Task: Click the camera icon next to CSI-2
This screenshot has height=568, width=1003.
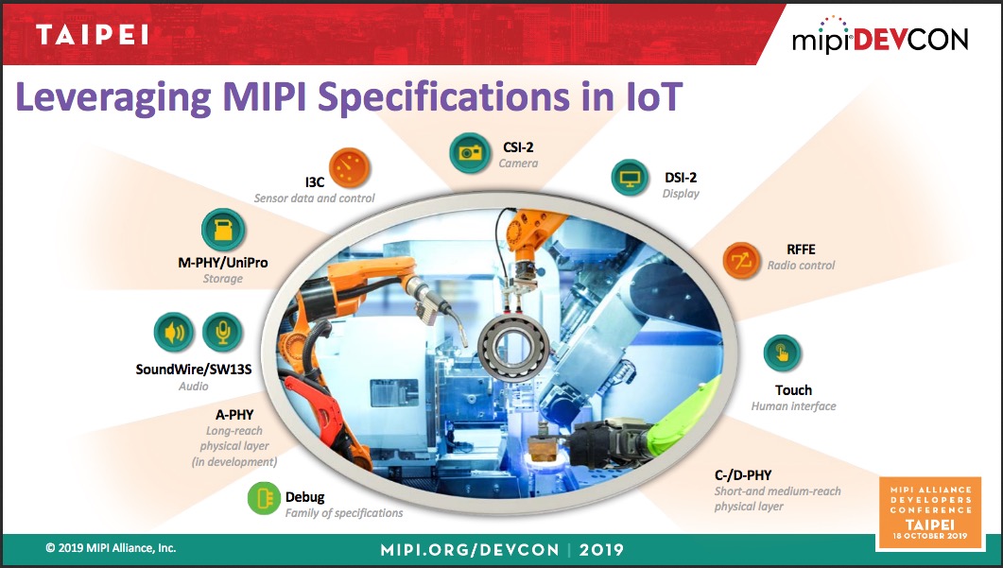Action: click(x=470, y=153)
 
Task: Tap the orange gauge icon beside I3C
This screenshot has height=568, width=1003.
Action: click(x=350, y=168)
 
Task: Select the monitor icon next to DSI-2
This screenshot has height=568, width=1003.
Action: click(x=631, y=177)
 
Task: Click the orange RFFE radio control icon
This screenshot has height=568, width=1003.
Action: click(x=741, y=261)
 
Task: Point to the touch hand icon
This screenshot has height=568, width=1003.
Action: click(x=782, y=353)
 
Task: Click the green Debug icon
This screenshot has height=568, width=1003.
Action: click(x=264, y=498)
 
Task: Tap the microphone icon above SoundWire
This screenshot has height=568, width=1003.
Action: click(x=222, y=333)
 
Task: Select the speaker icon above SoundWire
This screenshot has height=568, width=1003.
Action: click(x=174, y=333)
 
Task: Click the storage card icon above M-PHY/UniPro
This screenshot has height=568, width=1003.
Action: click(x=222, y=230)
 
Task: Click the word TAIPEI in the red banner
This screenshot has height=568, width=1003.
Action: click(x=92, y=35)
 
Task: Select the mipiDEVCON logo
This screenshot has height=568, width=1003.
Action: click(x=880, y=36)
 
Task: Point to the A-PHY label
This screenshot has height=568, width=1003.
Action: click(x=234, y=415)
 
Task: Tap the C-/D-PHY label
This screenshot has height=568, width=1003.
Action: click(x=743, y=475)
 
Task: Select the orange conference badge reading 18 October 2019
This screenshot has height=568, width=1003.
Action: click(x=930, y=512)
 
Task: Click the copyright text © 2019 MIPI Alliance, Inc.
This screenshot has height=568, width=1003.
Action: click(x=111, y=548)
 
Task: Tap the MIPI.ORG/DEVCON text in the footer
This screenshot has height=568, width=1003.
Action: click(x=470, y=549)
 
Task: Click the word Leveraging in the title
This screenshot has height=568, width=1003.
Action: click(x=113, y=98)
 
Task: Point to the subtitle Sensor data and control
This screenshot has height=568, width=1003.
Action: click(x=314, y=198)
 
